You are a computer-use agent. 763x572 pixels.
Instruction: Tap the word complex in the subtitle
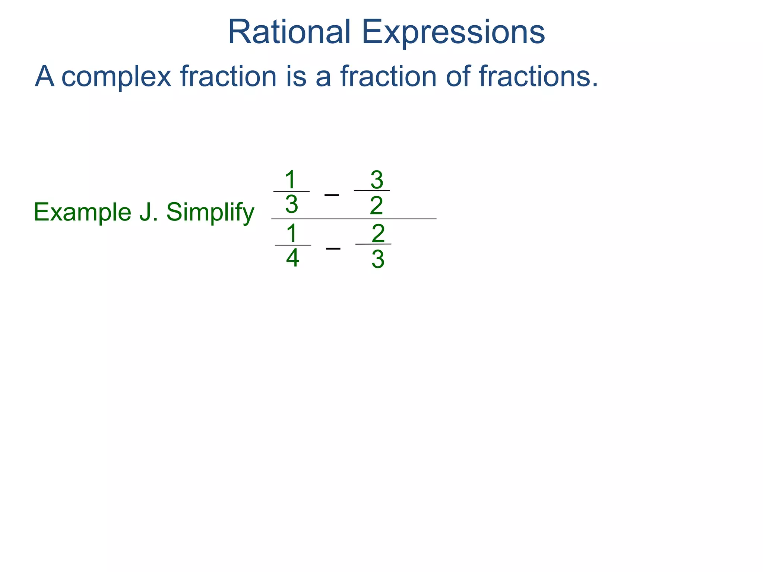116,77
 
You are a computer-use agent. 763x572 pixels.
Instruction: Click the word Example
82,213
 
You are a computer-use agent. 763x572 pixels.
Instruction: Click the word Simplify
210,213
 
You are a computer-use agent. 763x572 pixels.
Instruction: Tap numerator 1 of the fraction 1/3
291,180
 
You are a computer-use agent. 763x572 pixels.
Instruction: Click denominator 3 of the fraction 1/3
291,204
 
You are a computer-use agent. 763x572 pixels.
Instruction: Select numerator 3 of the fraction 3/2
377,180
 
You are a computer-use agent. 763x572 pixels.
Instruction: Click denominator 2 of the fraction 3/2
376,206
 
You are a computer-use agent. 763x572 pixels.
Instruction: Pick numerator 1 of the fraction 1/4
292,233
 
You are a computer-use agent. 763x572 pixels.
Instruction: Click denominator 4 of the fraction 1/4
292,258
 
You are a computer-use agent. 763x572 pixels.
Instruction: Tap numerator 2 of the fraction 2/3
378,233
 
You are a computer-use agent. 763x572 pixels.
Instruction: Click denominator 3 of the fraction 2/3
378,260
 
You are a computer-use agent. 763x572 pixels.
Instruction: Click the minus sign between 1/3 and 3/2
332,195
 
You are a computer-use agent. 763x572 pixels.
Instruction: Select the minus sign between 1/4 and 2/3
333,248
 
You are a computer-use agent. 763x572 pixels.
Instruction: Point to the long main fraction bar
354,219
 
